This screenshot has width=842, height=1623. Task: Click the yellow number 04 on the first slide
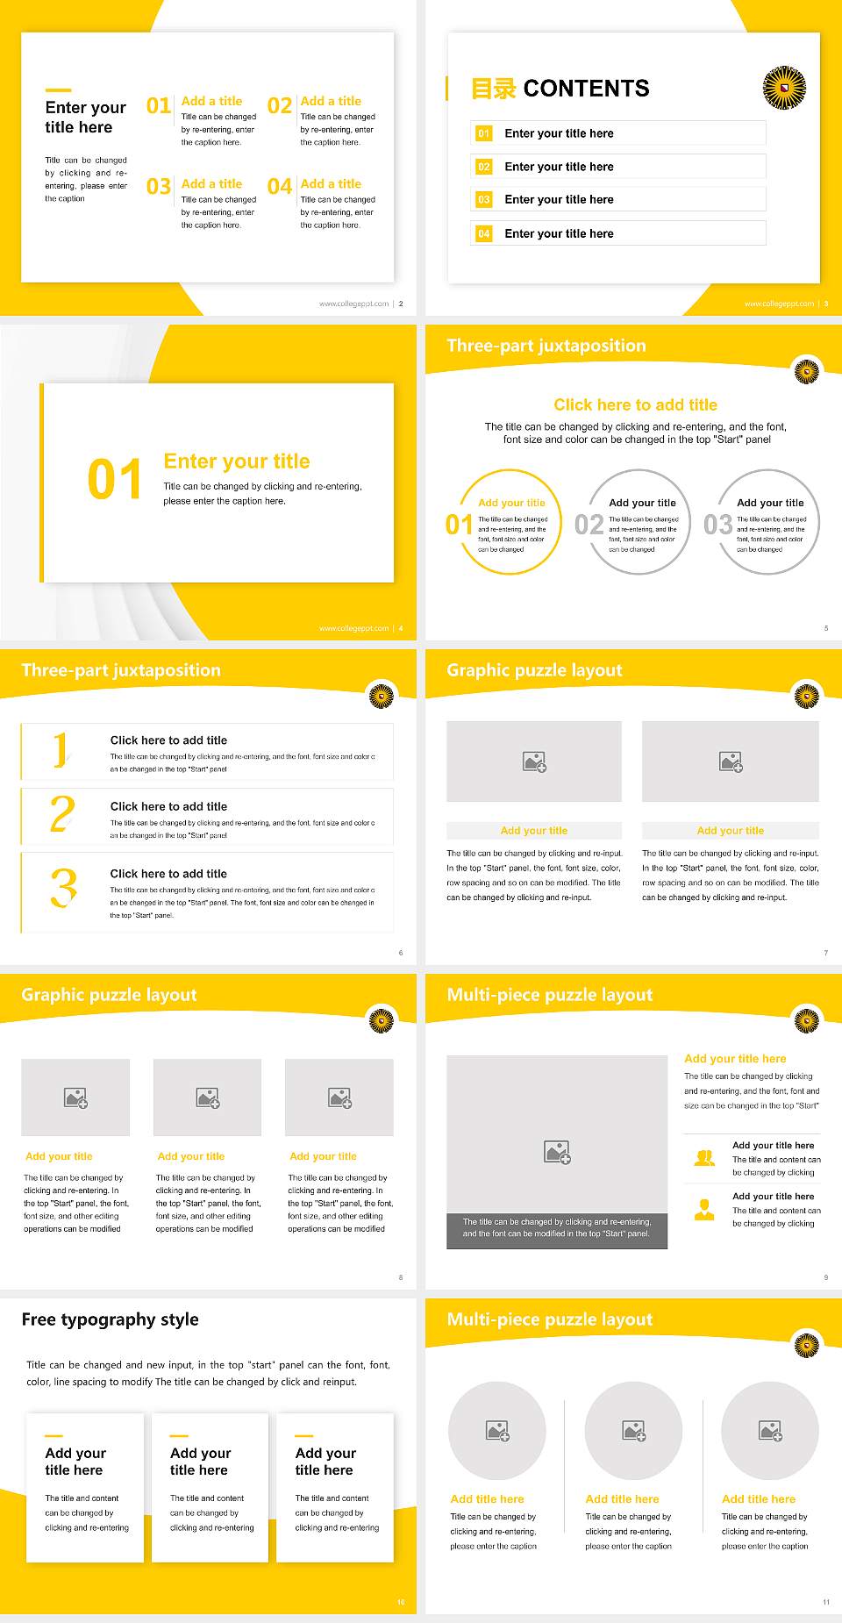[x=279, y=187]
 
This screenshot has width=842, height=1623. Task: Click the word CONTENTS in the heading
[x=586, y=89]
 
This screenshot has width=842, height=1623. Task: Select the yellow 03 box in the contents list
[x=483, y=200]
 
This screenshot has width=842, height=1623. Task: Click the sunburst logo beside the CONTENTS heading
[x=783, y=88]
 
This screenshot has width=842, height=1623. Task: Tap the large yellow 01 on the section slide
[x=114, y=480]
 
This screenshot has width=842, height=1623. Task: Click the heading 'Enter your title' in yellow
[x=237, y=461]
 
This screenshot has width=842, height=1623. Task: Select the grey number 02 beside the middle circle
[x=589, y=525]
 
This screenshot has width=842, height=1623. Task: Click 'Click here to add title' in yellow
[x=635, y=404]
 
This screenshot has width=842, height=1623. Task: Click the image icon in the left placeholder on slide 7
[x=534, y=761]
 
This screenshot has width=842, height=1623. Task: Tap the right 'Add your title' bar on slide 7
[x=730, y=831]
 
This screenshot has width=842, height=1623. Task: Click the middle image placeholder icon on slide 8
[x=208, y=1097]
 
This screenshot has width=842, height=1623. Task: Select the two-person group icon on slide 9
[x=704, y=1158]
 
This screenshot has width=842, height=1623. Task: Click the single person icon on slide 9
[x=704, y=1210]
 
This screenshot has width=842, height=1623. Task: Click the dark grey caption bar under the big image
[x=557, y=1227]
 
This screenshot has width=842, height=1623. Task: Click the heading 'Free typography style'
[x=110, y=1319]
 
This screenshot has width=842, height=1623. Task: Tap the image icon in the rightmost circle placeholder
[x=770, y=1431]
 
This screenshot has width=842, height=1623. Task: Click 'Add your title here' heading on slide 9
[x=734, y=1059]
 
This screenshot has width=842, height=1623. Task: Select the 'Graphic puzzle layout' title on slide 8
[x=109, y=995]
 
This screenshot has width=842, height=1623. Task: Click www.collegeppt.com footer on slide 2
[x=353, y=304]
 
